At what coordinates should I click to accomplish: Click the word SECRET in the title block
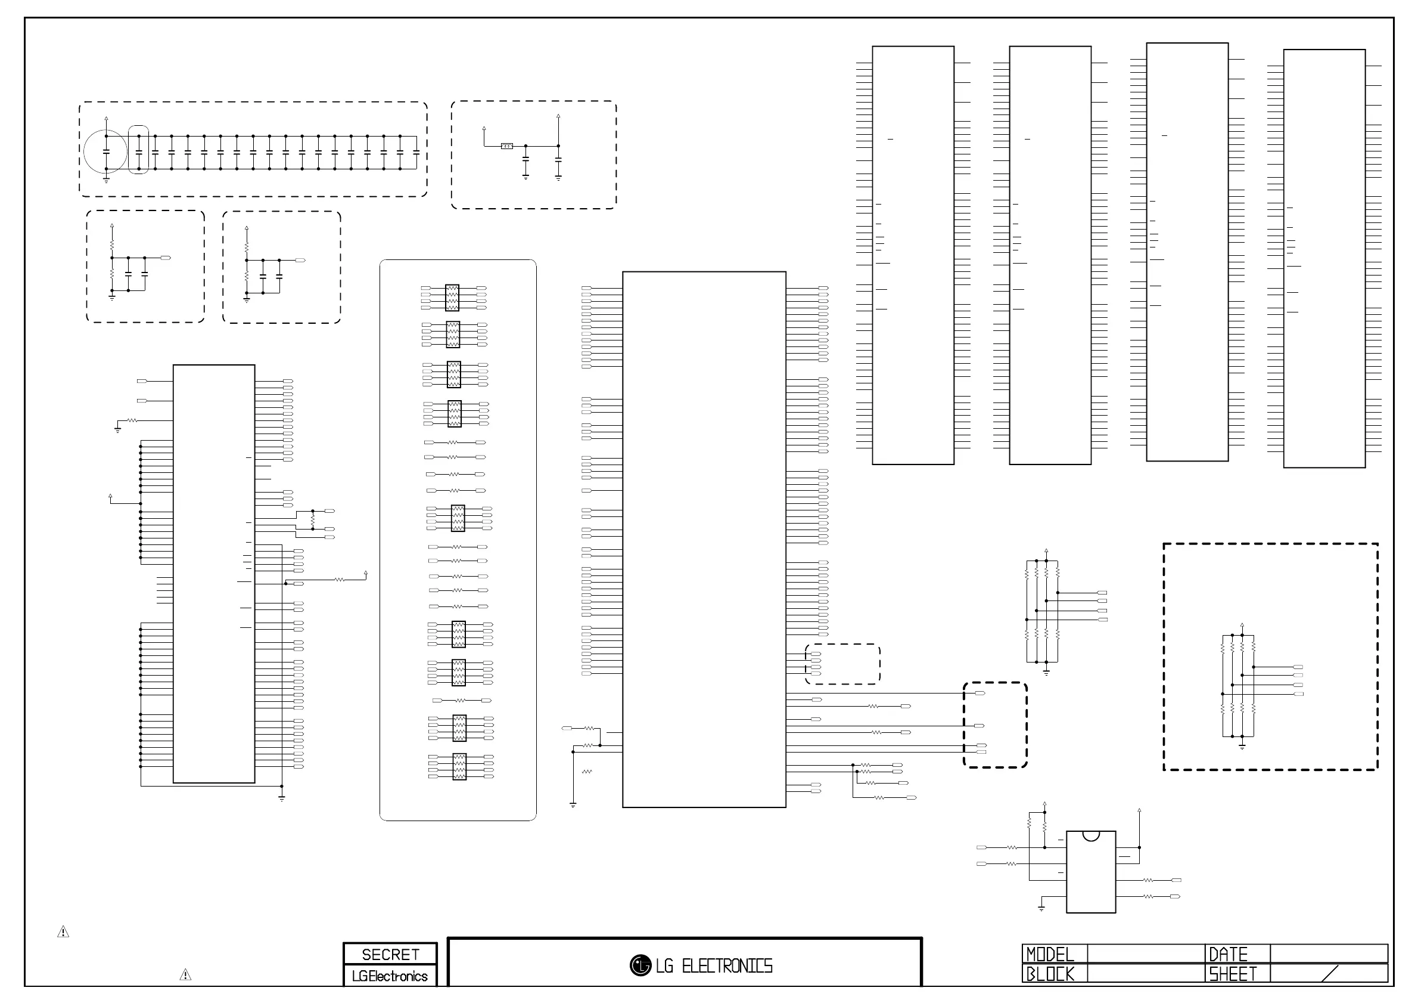click(x=390, y=955)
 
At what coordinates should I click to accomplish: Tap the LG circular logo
click(x=640, y=965)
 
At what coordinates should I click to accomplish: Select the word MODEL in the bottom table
click(x=1050, y=954)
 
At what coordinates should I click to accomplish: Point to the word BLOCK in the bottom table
click(x=1050, y=974)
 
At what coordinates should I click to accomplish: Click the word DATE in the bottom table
click(x=1228, y=954)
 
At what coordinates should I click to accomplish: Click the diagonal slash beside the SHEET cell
click(x=1329, y=973)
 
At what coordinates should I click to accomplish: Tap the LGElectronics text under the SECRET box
click(x=390, y=976)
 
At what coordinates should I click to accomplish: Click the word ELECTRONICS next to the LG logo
click(x=727, y=966)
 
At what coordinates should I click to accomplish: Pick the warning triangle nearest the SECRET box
click(x=185, y=975)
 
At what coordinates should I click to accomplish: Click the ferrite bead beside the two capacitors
click(x=506, y=147)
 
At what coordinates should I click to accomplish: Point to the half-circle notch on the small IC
click(x=1092, y=835)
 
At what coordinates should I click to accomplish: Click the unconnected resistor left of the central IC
click(x=587, y=771)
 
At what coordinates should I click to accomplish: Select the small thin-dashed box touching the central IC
click(x=843, y=664)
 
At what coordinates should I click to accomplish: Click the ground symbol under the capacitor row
click(x=106, y=180)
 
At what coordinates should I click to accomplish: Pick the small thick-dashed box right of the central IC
click(x=995, y=725)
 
